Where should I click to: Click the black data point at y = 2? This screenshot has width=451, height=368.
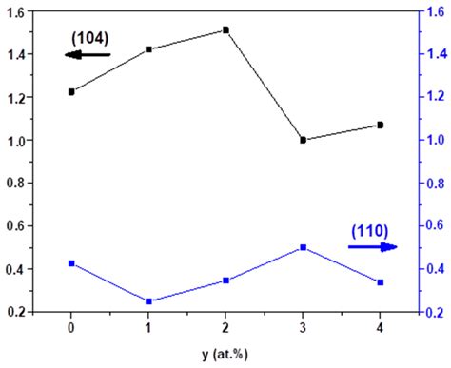225,30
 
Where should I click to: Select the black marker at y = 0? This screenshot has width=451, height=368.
71,91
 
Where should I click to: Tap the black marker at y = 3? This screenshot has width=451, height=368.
303,140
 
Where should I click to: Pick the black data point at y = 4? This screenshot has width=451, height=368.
380,125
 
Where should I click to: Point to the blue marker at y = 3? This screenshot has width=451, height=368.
303,247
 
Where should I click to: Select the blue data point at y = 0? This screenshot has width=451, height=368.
71,263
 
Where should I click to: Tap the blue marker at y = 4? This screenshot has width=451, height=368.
380,282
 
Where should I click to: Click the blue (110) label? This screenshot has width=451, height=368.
369,230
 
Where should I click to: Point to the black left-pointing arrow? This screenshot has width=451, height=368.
88,55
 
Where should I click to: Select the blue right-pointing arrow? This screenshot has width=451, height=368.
372,246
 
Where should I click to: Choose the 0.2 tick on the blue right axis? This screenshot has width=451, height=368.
434,312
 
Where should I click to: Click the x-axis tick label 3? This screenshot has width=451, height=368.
303,327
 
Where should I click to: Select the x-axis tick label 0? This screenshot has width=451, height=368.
71,327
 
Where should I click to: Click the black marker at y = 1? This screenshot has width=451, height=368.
148,48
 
